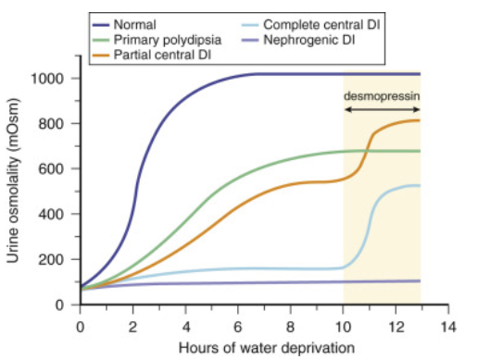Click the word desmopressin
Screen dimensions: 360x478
[x=382, y=95]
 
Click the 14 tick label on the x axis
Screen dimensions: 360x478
[x=449, y=327]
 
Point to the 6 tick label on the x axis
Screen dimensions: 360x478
[x=238, y=327]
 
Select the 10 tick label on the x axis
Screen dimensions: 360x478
[x=344, y=327]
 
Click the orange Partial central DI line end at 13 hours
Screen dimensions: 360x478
[x=420, y=120]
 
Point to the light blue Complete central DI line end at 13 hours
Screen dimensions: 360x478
[x=420, y=185]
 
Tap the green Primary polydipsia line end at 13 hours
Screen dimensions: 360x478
[x=420, y=151]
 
